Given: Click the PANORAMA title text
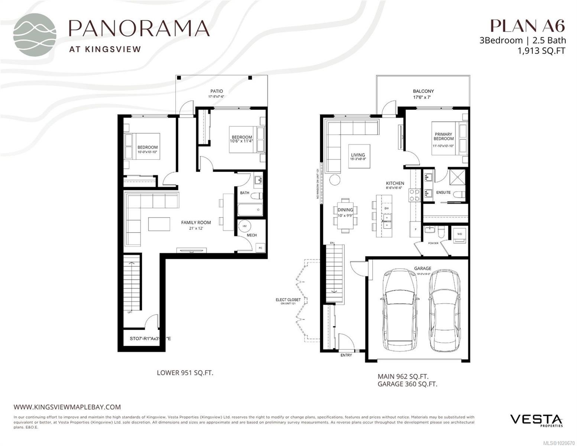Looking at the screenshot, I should coord(139,28).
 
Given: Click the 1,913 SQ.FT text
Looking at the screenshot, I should coord(541,51).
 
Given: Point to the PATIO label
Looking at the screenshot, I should coord(217,91).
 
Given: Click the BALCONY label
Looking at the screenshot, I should coord(423,91).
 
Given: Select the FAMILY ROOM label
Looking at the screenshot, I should coord(196,223).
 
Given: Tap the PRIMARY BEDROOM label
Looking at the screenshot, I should coord(443,136).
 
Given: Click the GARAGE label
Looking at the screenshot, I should coord(423,268).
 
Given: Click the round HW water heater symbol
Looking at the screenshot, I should coord(245,226).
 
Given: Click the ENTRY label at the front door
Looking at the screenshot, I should coord(346,355).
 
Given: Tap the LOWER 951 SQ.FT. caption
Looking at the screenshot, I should coord(185,373).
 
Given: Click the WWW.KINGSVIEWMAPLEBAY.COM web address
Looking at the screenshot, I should coord(67,407).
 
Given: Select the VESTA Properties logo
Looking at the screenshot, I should coord(536,420).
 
